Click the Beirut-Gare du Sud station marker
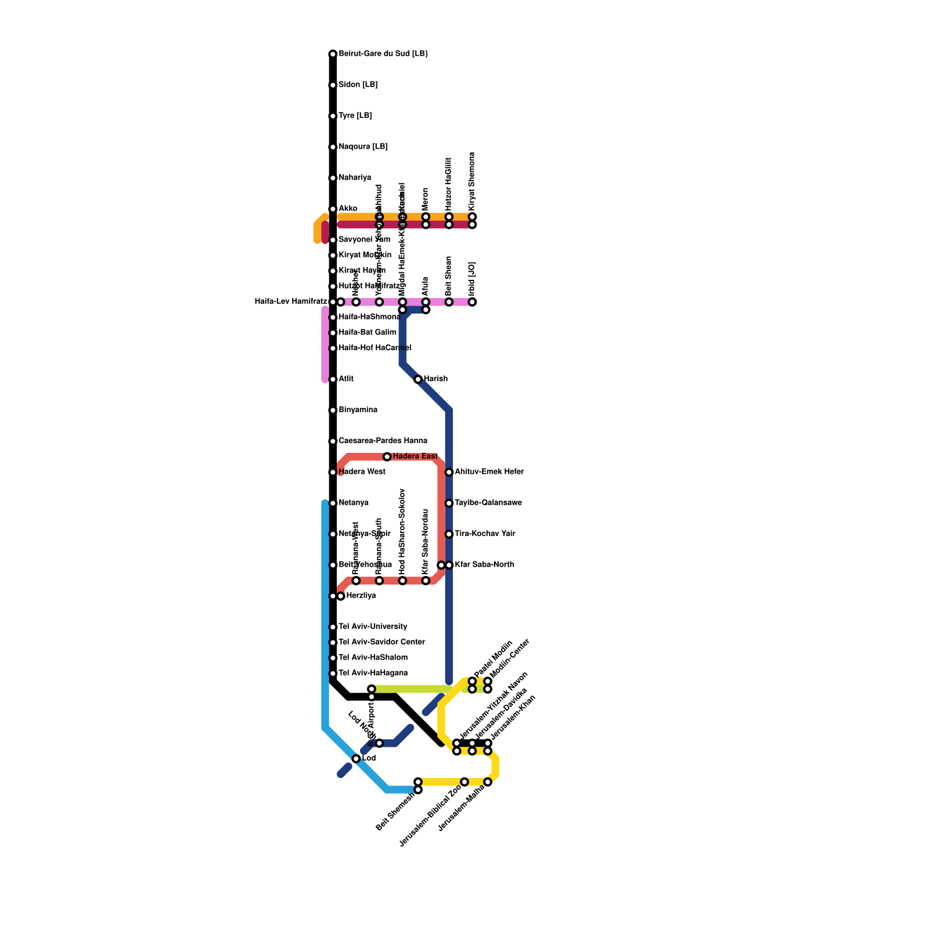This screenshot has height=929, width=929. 333,54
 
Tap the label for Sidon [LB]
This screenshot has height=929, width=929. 358,85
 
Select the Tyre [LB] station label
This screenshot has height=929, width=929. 355,116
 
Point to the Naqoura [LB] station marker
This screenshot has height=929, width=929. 333,147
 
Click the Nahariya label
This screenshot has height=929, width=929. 355,178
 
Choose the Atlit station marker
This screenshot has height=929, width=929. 333,379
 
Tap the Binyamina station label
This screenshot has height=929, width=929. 358,410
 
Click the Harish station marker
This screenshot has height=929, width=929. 418,379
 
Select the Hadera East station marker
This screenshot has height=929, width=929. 387,457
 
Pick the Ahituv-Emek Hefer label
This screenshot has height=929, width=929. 489,472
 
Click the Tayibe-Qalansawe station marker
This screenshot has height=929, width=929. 449,503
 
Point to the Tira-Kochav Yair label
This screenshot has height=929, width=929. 485,534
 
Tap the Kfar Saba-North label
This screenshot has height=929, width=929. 484,564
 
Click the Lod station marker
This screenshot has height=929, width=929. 356,759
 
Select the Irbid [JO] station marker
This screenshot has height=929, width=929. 473,302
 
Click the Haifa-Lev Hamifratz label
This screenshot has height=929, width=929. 291,301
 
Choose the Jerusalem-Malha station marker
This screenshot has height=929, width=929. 488,782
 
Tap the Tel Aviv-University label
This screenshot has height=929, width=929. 373,626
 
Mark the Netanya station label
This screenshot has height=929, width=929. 353,503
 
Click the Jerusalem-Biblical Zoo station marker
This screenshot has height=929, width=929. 464,782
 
